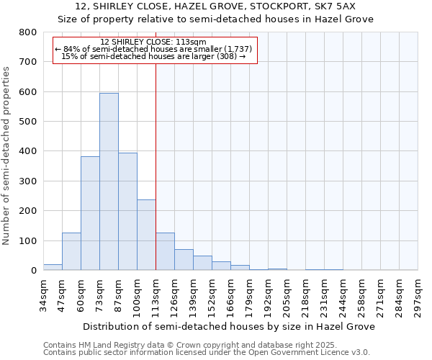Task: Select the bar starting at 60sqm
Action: click(x=90, y=213)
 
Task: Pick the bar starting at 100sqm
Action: click(x=146, y=235)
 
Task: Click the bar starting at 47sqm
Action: click(x=71, y=251)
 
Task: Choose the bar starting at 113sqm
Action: click(x=165, y=251)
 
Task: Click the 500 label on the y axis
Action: click(x=27, y=122)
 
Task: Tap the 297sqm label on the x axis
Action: click(x=418, y=297)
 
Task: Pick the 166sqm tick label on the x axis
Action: click(x=231, y=297)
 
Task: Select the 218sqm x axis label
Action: click(x=306, y=297)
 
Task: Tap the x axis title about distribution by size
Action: click(x=229, y=326)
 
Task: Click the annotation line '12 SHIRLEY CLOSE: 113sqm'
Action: click(x=153, y=42)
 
